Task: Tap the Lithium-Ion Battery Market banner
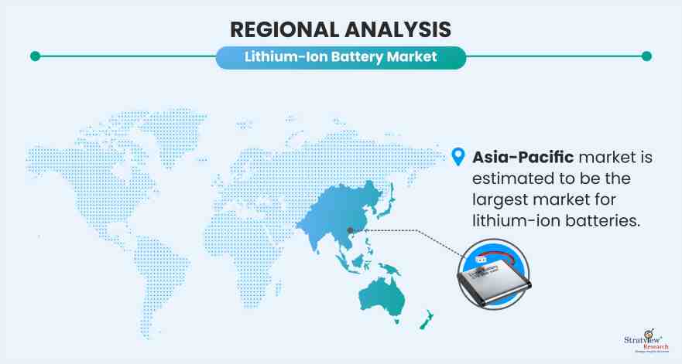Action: coord(341,57)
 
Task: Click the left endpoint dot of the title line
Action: coord(35,56)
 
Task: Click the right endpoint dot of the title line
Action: coord(647,56)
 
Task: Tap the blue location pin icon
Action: coord(459,157)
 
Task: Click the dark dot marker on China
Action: coord(351,230)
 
